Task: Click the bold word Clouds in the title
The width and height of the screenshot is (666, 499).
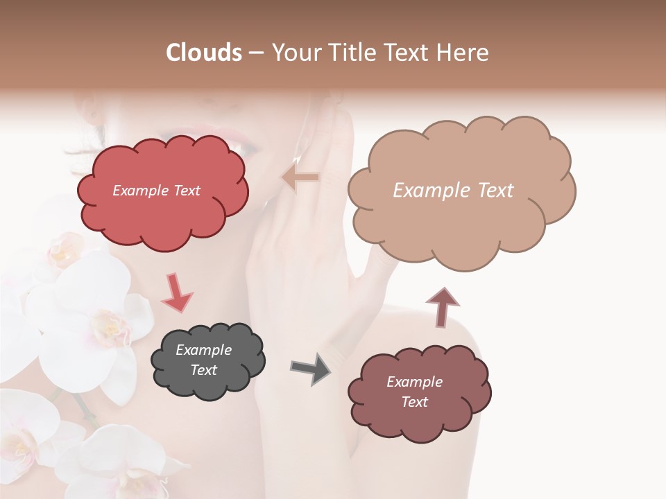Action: tap(204, 53)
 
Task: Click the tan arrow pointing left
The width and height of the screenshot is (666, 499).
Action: tap(300, 177)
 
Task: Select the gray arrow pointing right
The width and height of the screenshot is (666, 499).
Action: tap(310, 368)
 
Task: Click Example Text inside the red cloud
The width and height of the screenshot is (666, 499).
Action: tap(156, 191)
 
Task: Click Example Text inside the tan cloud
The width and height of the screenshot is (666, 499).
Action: tap(453, 191)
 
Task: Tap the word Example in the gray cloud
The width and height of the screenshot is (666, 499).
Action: tap(203, 350)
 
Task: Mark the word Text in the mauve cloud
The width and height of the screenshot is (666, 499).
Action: tap(414, 402)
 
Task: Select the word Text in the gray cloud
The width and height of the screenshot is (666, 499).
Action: tap(203, 370)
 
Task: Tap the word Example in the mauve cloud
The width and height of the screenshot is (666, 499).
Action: tap(414, 382)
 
